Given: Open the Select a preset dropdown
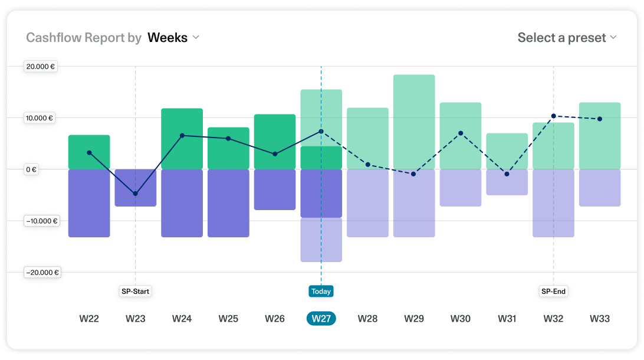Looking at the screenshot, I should point(567,38).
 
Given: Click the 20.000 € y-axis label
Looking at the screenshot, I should point(41,67).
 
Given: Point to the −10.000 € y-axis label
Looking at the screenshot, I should point(41,221).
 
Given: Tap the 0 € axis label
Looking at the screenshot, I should point(31,169).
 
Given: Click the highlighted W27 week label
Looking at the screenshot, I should point(321,319).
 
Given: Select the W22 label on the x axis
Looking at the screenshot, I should point(89,319).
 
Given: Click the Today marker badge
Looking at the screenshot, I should point(321,292).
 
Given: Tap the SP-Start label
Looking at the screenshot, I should point(135,292).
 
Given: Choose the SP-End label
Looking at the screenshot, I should point(553,292).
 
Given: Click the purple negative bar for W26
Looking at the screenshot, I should point(275,189).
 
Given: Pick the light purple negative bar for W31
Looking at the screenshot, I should point(507,182).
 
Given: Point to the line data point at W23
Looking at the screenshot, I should point(135,194).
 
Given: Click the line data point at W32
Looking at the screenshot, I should point(553,116).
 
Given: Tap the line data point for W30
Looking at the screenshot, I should point(461,133).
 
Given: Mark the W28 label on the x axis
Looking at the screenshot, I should point(367,319).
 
